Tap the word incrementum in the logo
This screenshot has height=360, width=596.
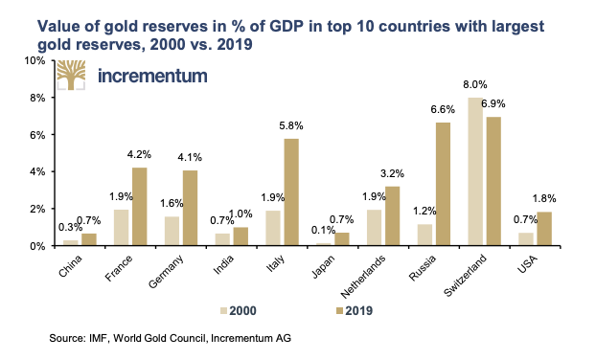[154, 77]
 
